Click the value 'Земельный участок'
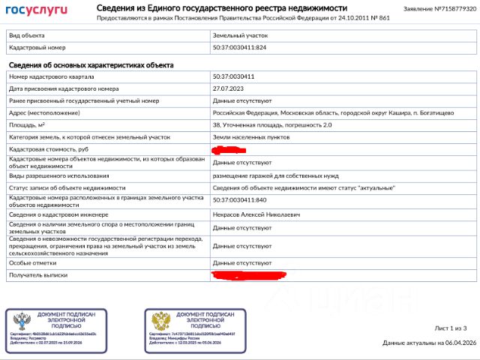[240, 35]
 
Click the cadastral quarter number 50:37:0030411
[234, 76]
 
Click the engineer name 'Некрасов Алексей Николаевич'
[256, 214]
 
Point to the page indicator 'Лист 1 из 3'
[451, 328]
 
